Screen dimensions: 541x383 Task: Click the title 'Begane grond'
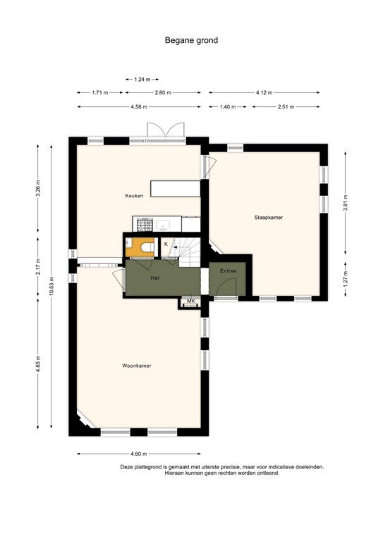(191, 40)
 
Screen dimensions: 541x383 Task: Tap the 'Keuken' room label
(134, 196)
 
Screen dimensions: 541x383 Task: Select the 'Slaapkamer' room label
(269, 218)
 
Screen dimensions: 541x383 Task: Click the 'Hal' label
(154, 278)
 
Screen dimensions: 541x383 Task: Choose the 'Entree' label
(227, 270)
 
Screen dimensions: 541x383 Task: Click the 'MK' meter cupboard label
(190, 301)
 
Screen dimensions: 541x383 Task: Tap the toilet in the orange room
(147, 247)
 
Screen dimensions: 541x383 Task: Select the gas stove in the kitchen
(145, 225)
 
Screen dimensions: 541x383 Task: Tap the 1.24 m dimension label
(141, 80)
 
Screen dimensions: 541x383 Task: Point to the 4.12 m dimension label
(264, 92)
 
